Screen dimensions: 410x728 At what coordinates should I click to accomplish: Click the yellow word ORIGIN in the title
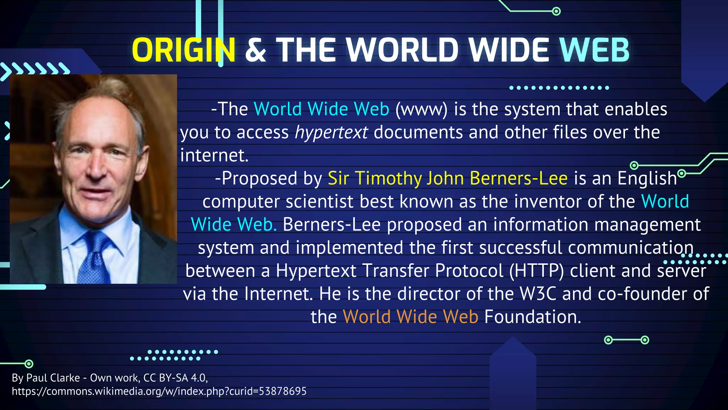(183, 50)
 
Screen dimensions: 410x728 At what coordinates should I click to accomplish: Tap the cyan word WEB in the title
(594, 50)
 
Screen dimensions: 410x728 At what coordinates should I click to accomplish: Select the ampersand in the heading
(256, 50)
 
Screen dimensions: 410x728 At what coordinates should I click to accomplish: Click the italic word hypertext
(331, 132)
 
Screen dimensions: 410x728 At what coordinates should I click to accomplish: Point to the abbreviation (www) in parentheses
(422, 109)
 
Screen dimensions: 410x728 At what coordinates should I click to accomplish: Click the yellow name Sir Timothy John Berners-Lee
(448, 178)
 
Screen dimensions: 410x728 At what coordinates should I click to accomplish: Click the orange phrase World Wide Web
(411, 317)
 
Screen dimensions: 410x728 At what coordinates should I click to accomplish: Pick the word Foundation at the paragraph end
(532, 317)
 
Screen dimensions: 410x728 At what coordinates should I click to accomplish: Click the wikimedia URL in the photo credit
(159, 391)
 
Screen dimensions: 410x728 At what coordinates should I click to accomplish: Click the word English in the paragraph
(647, 178)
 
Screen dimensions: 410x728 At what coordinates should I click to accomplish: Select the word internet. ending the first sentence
(214, 156)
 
